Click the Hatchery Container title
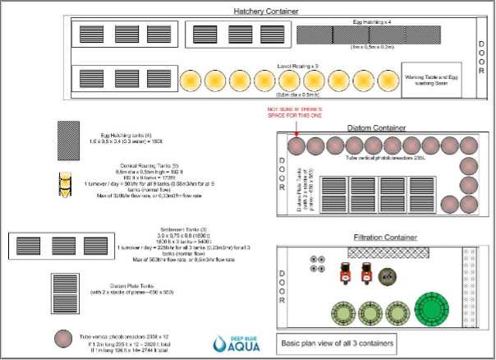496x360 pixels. pos(265,11)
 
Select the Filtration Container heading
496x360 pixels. pos(383,237)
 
